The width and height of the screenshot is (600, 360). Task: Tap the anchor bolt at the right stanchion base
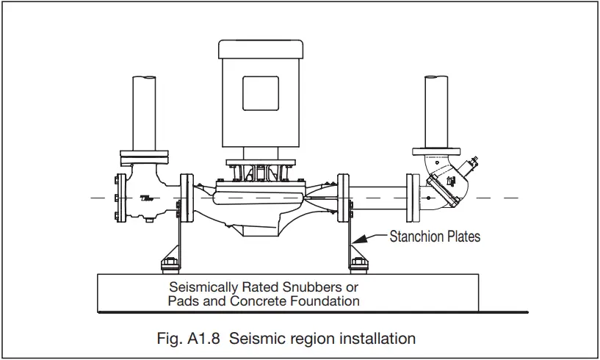click(358, 263)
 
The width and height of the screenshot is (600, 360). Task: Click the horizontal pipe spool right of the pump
click(380, 198)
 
